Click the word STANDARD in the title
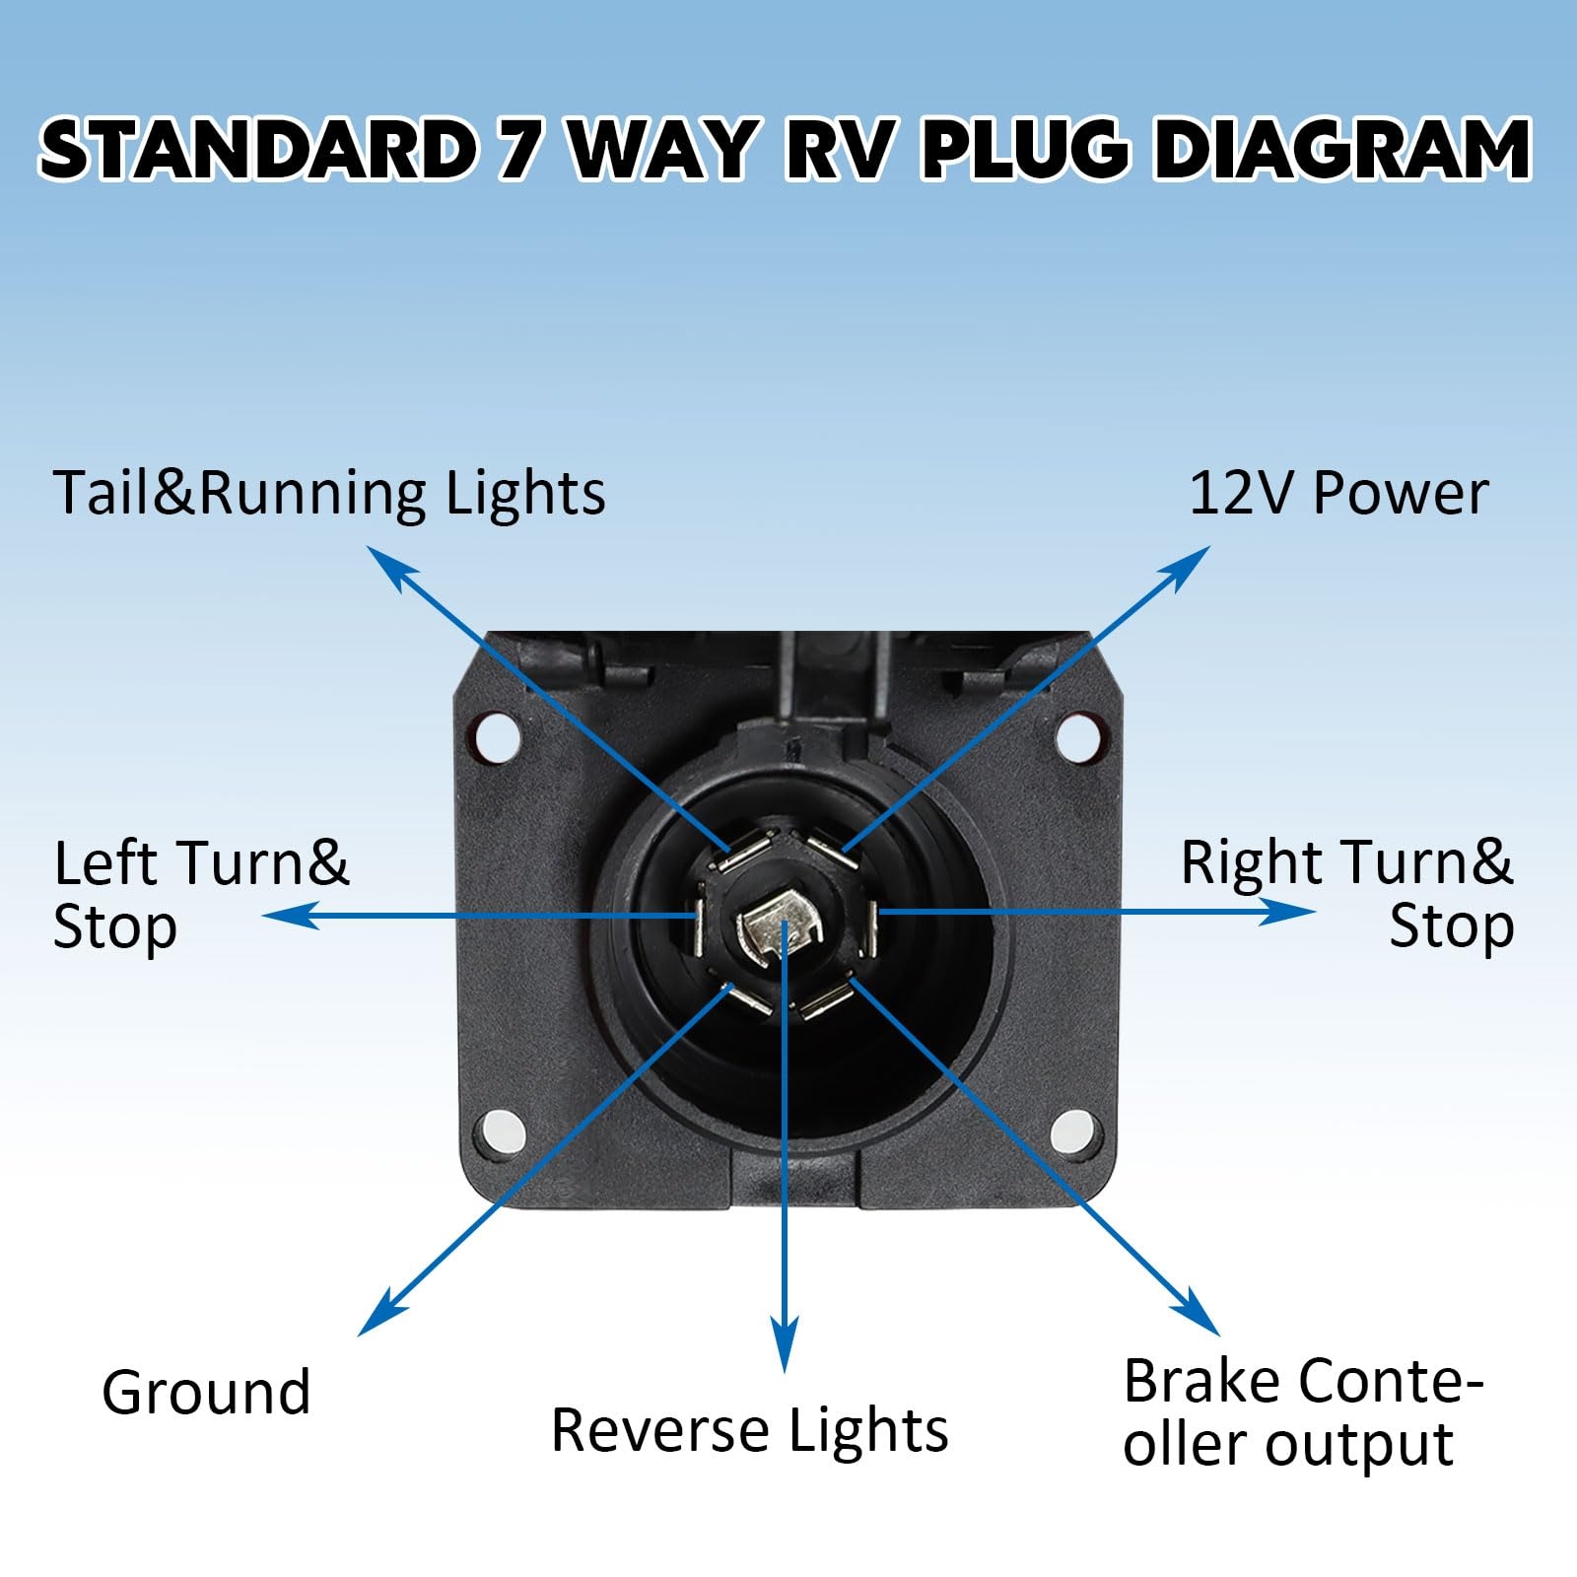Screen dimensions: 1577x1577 click(256, 150)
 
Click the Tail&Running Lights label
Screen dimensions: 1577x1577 click(329, 493)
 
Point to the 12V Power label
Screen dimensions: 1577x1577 click(1337, 493)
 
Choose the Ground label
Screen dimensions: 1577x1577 click(206, 1392)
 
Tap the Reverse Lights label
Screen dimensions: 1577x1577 click(749, 1430)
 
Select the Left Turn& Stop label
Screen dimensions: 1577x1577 click(201, 894)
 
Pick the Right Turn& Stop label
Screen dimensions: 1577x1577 click(1347, 894)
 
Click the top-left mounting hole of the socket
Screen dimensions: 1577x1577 click(496, 736)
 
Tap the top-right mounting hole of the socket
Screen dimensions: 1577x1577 click(1077, 736)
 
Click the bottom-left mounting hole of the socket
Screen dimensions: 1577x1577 click(500, 1131)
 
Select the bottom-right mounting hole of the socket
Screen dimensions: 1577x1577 click(1071, 1131)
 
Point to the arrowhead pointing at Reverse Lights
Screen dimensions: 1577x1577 click(785, 1350)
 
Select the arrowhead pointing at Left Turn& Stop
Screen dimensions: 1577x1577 click(286, 916)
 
